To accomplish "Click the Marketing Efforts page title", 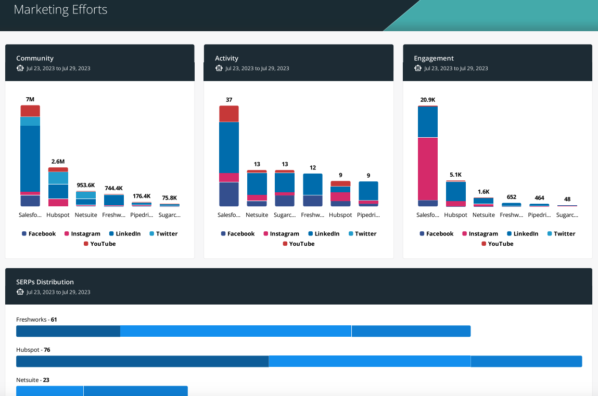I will [x=60, y=9].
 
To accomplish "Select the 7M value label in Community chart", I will [x=30, y=99].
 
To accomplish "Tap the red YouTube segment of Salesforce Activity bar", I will [x=229, y=113].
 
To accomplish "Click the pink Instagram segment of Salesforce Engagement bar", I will [x=428, y=168].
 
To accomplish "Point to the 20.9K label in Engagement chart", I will [x=428, y=99].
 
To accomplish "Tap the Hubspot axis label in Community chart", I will [x=58, y=215].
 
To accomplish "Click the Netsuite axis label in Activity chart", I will [x=257, y=215].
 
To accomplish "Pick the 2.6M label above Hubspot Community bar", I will [x=58, y=162].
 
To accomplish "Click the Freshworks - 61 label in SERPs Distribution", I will [x=36, y=320].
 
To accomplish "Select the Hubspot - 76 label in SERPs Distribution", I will [x=33, y=350].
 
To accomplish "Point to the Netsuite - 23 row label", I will [x=33, y=380].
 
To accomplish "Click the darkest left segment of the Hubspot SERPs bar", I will [x=142, y=361].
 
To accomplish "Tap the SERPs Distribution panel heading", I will [x=45, y=282].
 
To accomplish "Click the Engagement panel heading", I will [x=434, y=58].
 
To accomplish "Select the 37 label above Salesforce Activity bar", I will [x=229, y=100].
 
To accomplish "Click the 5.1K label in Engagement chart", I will [x=456, y=175].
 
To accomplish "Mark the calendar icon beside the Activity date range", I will [x=219, y=68].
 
